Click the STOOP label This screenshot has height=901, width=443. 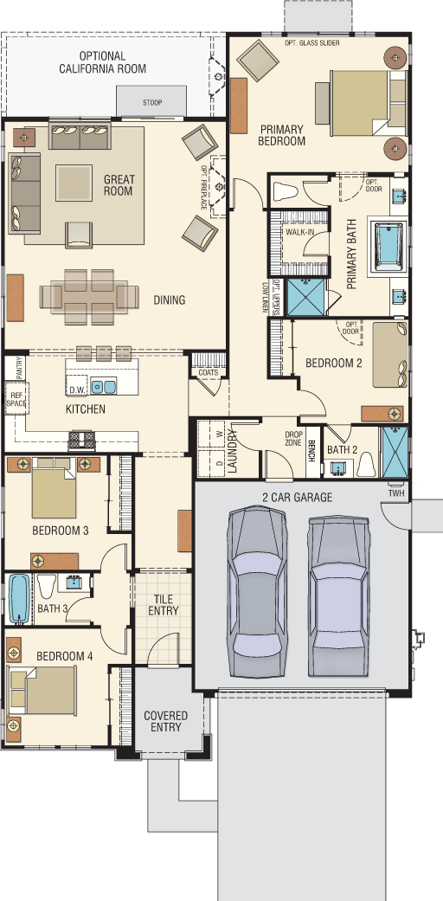click(152, 104)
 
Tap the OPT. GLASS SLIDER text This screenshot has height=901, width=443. click(312, 43)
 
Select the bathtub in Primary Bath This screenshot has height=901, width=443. click(389, 245)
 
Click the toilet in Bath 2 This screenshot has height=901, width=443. click(367, 464)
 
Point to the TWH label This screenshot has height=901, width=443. click(396, 493)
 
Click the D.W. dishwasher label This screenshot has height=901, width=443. click(77, 390)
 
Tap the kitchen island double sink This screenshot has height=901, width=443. click(104, 385)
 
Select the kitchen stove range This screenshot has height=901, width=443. click(82, 440)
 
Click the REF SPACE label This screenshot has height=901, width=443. click(16, 399)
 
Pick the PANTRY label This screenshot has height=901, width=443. click(20, 368)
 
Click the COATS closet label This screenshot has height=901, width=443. click(208, 372)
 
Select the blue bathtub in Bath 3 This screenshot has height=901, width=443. click(19, 599)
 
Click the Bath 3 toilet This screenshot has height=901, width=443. click(47, 585)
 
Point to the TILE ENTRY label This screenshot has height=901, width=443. click(164, 604)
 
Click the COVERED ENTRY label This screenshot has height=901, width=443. click(166, 721)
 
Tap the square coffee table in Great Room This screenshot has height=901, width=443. click(74, 183)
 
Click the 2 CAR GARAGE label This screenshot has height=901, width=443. click(298, 498)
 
